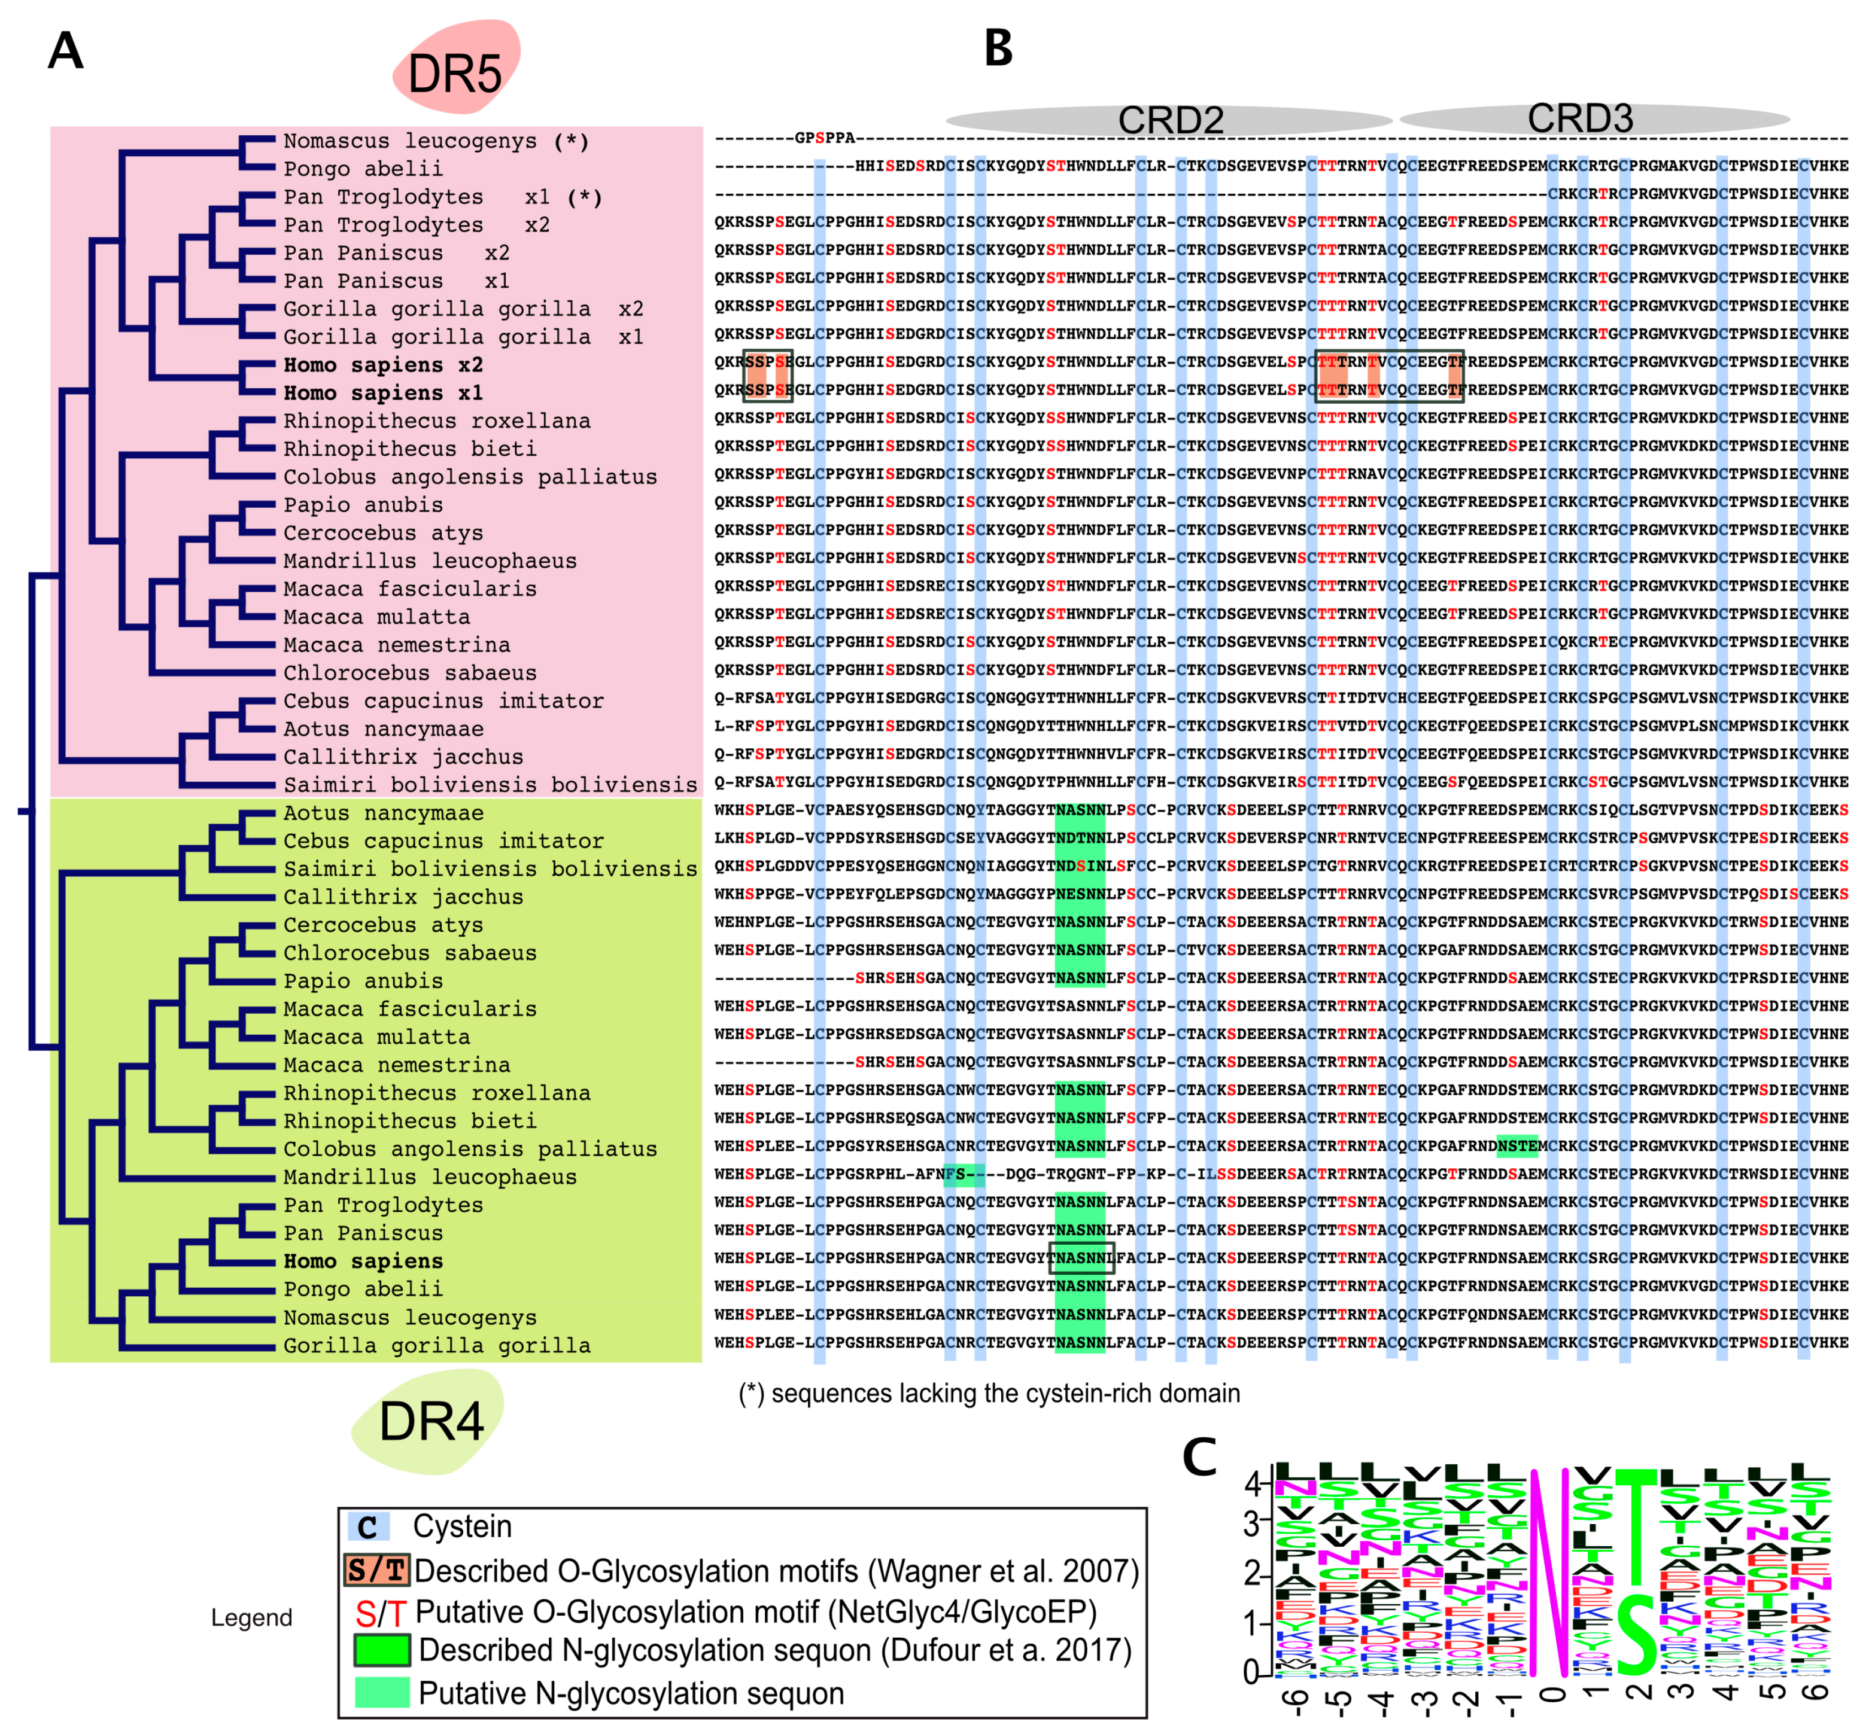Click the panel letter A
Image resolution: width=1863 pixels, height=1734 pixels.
point(66,51)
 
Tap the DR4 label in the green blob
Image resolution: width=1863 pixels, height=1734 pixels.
point(431,1421)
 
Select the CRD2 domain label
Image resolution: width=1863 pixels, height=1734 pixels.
point(1171,120)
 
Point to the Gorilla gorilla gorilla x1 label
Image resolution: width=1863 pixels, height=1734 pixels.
point(463,336)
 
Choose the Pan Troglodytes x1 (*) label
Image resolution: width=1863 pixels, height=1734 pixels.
point(442,197)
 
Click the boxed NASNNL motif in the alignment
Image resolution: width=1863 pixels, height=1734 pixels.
point(1081,1258)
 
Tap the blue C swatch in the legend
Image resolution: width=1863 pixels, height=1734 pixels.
point(367,1527)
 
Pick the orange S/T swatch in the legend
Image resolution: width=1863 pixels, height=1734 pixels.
point(376,1571)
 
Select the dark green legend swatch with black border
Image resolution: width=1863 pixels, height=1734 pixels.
point(381,1650)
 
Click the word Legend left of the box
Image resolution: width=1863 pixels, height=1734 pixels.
point(251,1618)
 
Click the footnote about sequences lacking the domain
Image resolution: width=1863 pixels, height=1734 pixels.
point(989,1393)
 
